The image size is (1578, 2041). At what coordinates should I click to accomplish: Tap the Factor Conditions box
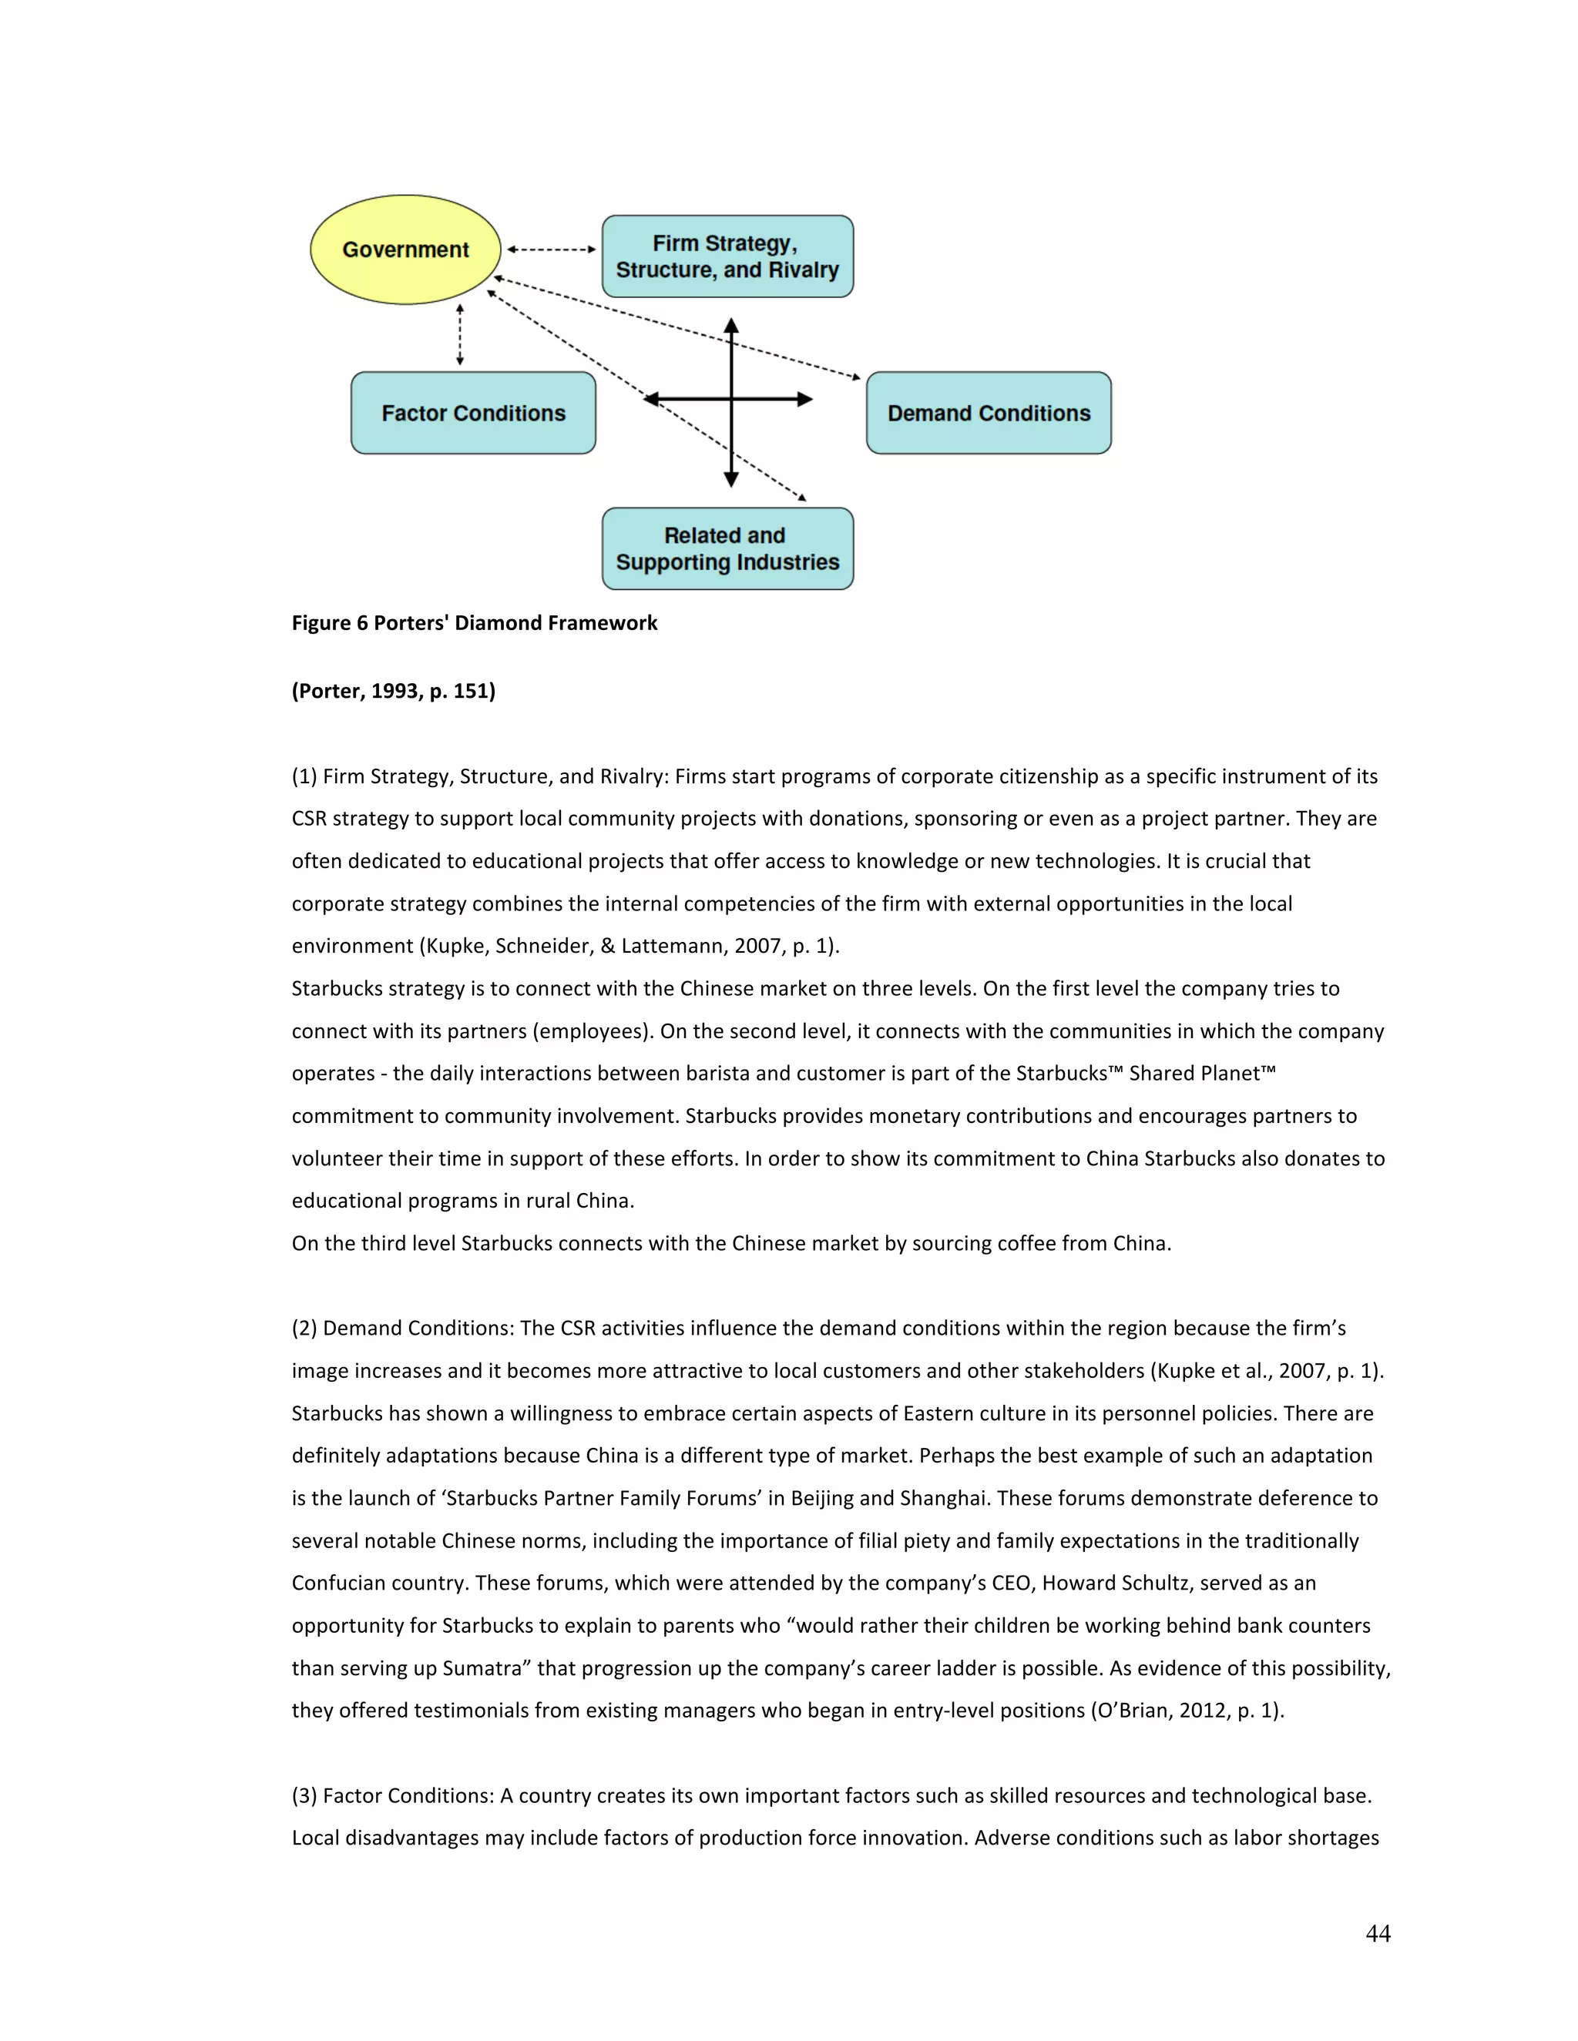[473, 413]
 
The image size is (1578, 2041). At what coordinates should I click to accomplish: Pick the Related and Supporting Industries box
[727, 548]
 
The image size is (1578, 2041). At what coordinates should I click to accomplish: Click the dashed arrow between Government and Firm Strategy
[552, 250]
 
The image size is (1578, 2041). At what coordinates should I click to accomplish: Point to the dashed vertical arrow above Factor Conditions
[460, 334]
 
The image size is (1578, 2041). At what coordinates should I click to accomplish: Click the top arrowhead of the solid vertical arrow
[731, 326]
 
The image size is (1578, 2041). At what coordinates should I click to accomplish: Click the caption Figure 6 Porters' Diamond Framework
[474, 623]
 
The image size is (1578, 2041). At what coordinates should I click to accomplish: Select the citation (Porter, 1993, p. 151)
[394, 691]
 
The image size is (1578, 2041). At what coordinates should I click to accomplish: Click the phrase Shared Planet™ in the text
[1201, 1073]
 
